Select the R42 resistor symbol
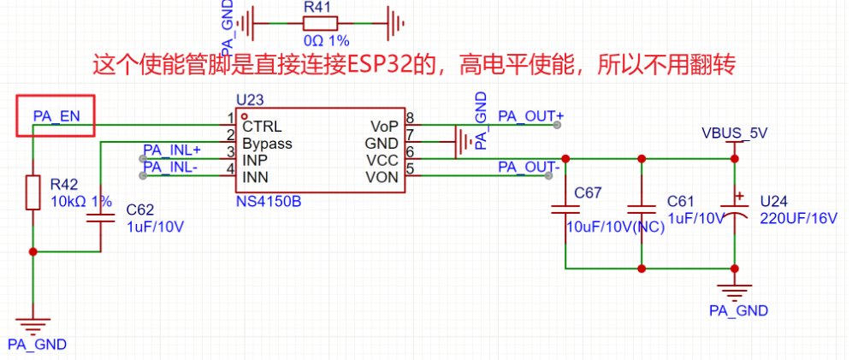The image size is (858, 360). [33, 192]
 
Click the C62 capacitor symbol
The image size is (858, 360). [101, 219]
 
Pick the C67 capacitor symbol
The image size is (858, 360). [565, 208]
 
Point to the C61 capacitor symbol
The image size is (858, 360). [641, 208]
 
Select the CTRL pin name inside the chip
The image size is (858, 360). [262, 126]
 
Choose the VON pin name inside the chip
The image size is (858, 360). [382, 177]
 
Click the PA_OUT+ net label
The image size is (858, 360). [531, 115]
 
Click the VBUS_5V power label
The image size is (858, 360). [733, 134]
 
